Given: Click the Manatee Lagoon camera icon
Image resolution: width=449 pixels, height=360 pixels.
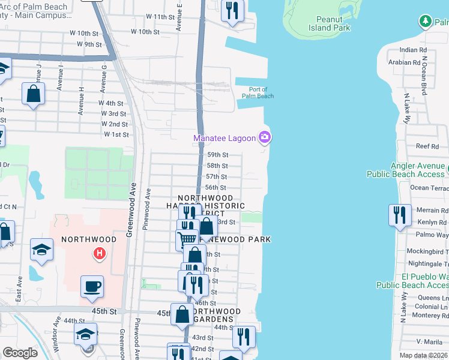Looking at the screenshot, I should (265, 138).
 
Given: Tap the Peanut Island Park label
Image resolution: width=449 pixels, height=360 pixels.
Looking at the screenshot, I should (329, 23).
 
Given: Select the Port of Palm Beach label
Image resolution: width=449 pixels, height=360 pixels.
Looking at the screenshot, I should (258, 93).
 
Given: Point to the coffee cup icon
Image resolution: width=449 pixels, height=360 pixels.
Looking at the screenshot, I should (92, 287).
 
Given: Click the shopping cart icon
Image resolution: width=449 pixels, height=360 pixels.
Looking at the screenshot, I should (187, 239).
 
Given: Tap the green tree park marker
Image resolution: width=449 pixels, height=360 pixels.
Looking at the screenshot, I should (425, 22).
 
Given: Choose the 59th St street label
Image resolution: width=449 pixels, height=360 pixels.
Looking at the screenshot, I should (217, 155).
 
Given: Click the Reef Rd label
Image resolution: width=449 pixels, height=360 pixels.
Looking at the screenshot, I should (427, 146).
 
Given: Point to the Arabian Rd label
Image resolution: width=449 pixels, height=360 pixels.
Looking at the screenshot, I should (404, 62).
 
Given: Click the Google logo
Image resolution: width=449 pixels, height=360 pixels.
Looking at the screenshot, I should (20, 353).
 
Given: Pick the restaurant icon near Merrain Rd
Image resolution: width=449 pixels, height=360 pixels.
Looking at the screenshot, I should (399, 215).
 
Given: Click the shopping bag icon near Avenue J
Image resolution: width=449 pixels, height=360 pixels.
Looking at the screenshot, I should (33, 94).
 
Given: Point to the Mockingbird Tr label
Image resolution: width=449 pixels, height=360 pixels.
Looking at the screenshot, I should (427, 251).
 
